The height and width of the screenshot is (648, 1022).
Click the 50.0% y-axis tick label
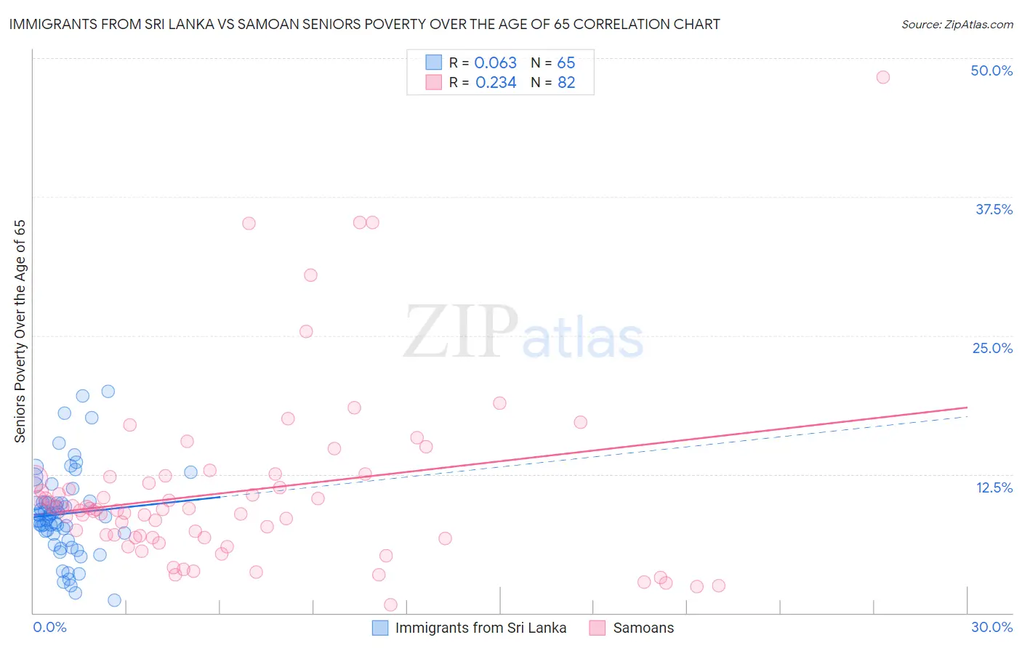coord(991,70)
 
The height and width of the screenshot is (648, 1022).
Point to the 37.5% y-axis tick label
coord(994,209)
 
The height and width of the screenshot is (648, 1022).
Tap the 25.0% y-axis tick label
coord(992,348)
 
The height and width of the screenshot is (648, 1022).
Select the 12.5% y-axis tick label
coord(994,487)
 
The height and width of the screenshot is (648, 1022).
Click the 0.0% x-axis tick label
coord(49,627)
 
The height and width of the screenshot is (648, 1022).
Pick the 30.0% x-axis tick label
coord(991,627)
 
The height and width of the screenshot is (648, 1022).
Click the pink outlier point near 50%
coord(882,77)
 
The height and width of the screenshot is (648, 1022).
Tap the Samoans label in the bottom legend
coord(643,628)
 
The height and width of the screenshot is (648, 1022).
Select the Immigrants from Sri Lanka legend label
coord(480,628)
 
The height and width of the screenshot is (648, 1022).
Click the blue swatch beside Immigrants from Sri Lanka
coord(380,628)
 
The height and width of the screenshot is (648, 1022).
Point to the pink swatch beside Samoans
coord(597,628)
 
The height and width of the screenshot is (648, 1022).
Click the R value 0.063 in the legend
coord(495,62)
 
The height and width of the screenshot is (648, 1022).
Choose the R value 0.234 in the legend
coord(496,83)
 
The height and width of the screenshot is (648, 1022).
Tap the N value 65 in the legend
coord(566,62)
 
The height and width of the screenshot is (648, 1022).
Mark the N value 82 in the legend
coord(566,83)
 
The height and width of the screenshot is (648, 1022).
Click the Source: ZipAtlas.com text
coord(957,25)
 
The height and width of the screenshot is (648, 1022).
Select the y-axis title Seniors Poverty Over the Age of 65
coord(20,331)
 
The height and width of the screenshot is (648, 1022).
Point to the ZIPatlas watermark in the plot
coord(523,333)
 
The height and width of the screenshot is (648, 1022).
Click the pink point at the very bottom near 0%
coord(390,604)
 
